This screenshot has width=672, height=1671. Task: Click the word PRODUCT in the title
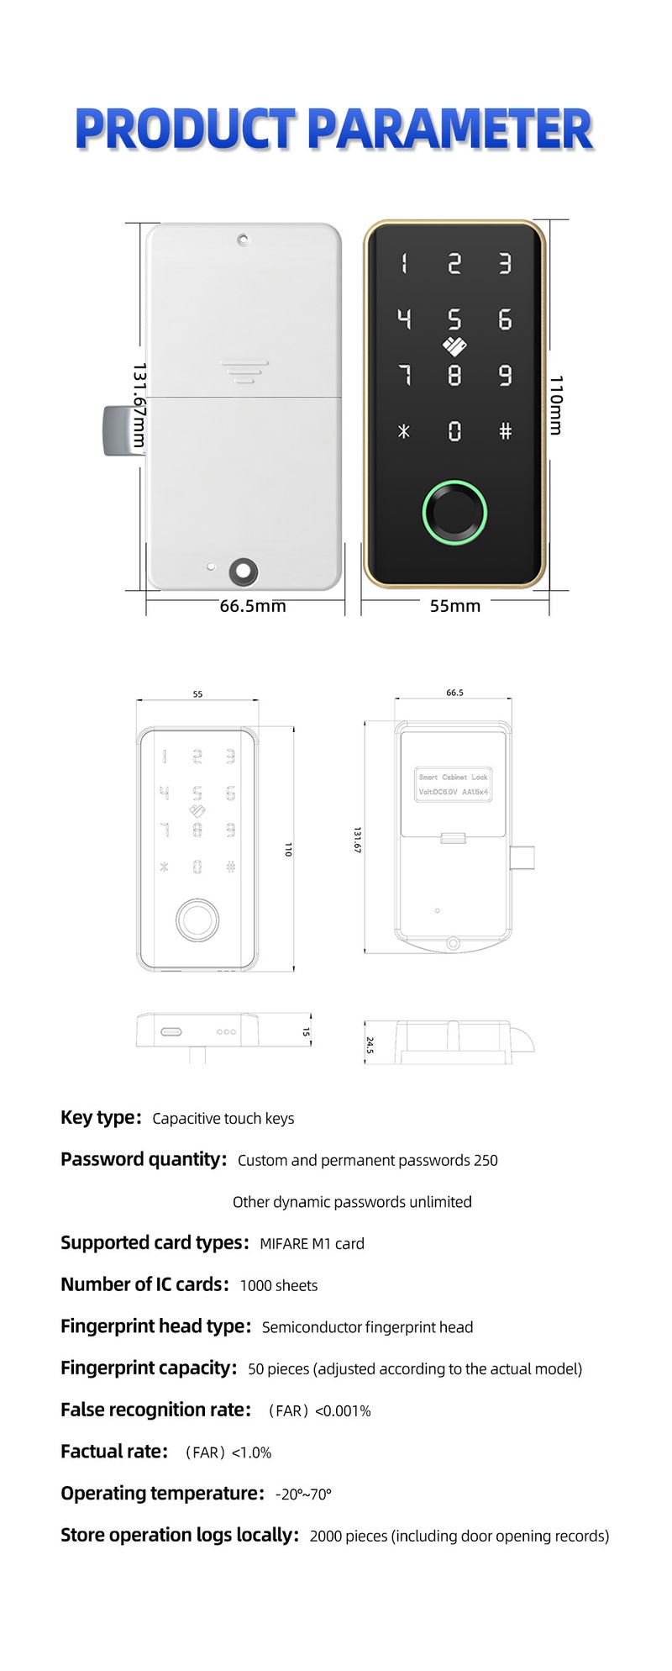186,129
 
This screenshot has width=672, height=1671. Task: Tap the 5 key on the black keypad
454,319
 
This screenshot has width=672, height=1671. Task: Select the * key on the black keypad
404,431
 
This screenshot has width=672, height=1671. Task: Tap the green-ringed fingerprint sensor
454,513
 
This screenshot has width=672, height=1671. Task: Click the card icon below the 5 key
454,345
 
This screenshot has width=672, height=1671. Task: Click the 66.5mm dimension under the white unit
253,606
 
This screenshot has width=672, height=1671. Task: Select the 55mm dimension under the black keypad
455,606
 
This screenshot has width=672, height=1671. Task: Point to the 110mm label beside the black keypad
556,405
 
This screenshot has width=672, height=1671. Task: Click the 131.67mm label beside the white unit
139,406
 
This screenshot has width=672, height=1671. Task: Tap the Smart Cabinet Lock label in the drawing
454,778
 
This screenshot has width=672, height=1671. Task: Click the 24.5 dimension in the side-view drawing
370,1045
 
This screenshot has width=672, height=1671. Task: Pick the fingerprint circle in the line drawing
197,921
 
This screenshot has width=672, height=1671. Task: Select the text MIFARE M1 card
312,1244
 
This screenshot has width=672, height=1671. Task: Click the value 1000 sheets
279,1285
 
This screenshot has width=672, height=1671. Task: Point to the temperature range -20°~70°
303,1494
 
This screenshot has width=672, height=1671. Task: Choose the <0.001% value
343,1410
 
